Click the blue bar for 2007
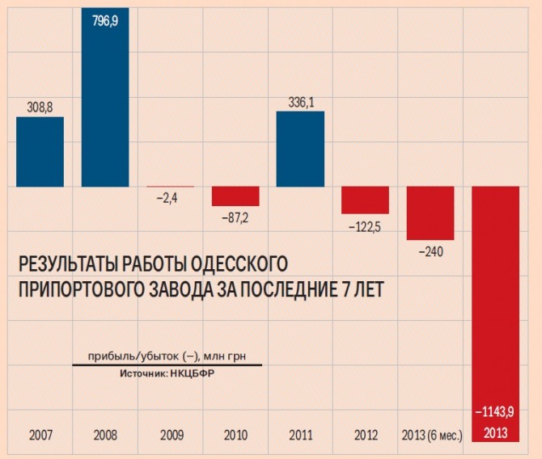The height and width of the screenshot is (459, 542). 40,152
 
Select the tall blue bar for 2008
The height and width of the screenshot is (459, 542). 105,97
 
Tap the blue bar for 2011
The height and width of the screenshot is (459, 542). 300,149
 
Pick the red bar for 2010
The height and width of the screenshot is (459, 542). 235,196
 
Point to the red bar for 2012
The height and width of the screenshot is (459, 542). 365,200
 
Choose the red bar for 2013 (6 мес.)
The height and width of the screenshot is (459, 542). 430,213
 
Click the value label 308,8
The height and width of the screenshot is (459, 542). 40,106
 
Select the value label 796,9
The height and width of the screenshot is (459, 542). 105,17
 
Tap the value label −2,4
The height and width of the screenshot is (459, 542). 170,196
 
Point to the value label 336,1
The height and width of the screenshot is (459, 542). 300,101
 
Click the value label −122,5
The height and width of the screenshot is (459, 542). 365,227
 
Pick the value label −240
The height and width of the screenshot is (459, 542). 430,252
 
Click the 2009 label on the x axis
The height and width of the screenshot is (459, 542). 170,436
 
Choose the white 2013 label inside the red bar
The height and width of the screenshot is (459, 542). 495,435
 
